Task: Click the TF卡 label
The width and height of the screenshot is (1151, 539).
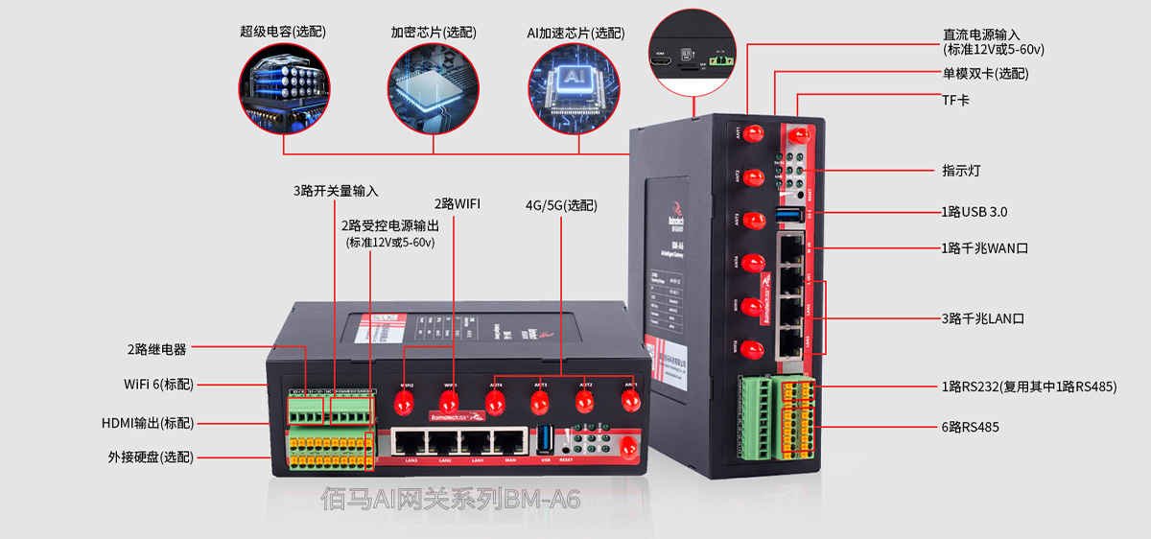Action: tap(956, 100)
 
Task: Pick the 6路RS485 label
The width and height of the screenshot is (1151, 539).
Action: tap(970, 427)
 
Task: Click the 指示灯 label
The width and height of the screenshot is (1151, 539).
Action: tap(960, 171)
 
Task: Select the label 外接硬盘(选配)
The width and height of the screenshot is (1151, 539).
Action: tap(151, 457)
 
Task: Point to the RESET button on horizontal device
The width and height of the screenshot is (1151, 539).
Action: tap(568, 448)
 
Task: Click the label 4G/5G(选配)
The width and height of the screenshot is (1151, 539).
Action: tap(560, 205)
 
